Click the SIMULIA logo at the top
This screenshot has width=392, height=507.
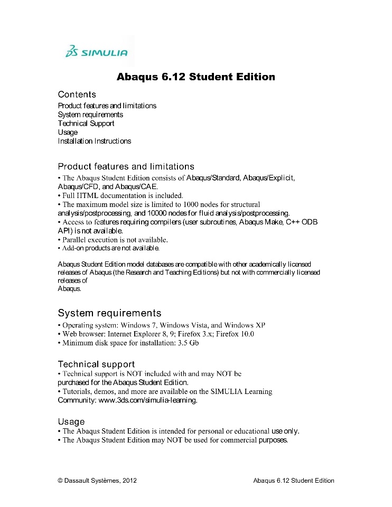tap(96, 52)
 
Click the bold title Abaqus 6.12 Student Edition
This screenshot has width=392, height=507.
tap(195, 77)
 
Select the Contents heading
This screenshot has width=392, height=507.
tap(77, 95)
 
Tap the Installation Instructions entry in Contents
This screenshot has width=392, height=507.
tap(95, 141)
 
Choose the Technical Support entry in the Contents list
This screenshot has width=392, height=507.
tap(86, 124)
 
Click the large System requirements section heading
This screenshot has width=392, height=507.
tap(109, 313)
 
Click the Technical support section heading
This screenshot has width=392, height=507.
tap(96, 364)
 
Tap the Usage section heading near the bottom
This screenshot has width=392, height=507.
tap(71, 421)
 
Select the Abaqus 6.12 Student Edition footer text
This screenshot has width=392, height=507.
tap(294, 481)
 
